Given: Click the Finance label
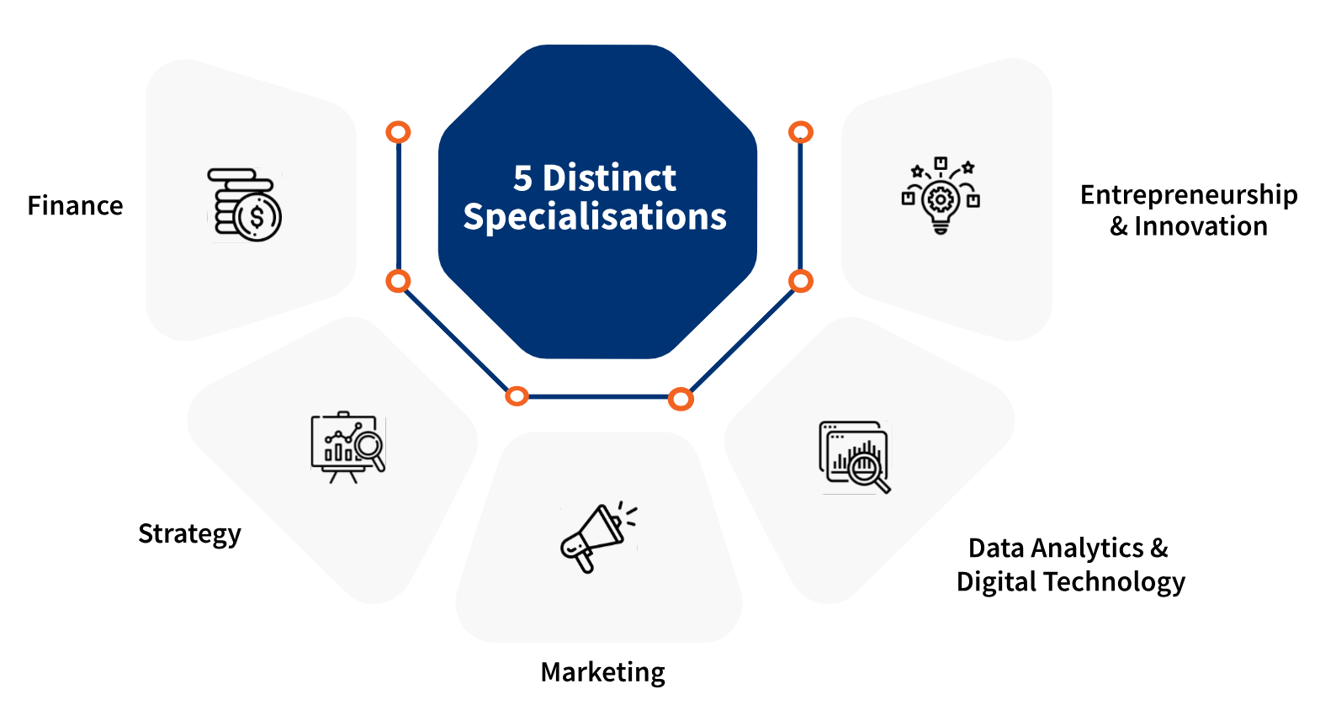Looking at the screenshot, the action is tap(75, 206).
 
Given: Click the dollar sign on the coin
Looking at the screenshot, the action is tap(257, 217).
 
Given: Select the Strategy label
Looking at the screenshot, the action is tap(189, 534).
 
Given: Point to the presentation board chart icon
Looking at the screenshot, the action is tap(347, 446).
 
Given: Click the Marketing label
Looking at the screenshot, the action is tap(602, 672).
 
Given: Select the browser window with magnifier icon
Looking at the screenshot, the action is tap(854, 457).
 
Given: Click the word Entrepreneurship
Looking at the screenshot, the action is tap(1188, 195).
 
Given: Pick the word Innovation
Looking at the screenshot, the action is tap(1201, 226).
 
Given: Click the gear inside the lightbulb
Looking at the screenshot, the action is tap(941, 199).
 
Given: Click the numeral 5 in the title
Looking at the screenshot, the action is tap(522, 178).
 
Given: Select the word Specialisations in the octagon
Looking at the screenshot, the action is tap(595, 217).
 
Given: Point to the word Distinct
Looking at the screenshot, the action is tap(609, 178).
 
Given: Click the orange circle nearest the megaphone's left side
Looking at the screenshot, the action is tap(517, 396).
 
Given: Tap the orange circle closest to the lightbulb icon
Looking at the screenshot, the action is tap(801, 132).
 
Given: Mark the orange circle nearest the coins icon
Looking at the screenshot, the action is tap(398, 132).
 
